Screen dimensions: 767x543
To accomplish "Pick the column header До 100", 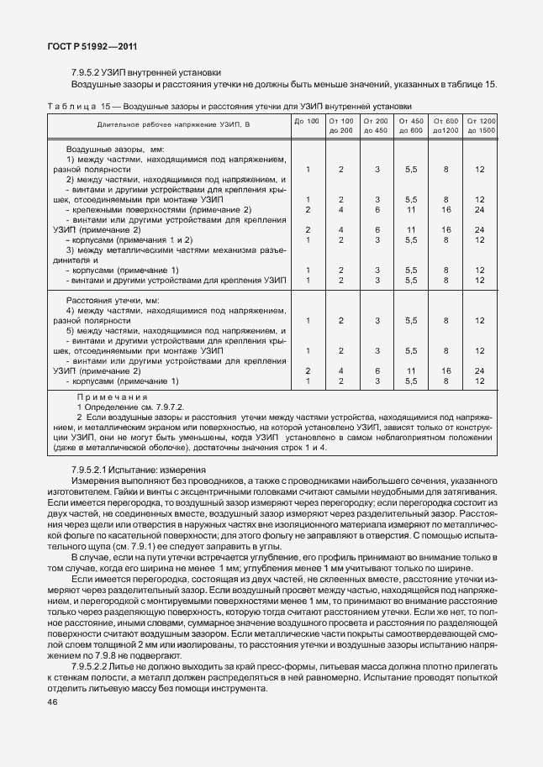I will [x=308, y=122].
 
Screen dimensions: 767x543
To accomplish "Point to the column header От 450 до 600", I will [x=411, y=126].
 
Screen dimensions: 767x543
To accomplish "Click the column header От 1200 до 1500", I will [x=481, y=126].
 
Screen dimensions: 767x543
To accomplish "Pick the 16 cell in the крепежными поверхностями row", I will [x=445, y=209].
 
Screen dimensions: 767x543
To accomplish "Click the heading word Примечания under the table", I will [x=112, y=396].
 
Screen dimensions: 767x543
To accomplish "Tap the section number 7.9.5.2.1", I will [x=98, y=469].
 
